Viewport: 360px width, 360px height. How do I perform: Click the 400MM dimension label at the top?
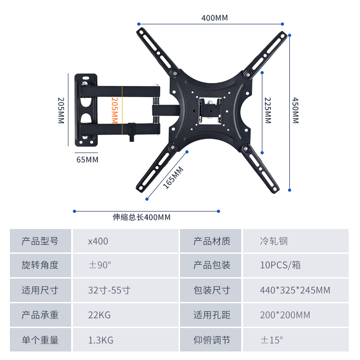(215, 18)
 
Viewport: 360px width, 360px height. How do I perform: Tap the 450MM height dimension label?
(295, 111)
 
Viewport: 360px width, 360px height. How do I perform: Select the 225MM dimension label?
(268, 111)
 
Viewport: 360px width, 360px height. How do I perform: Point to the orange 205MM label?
(114, 111)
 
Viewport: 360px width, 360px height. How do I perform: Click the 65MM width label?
(87, 160)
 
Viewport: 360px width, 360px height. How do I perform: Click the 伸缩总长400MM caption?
(141, 217)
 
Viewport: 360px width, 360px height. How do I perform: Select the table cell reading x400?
(98, 241)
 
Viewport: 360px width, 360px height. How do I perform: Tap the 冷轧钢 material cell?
(274, 241)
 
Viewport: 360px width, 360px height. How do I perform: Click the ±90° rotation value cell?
(99, 265)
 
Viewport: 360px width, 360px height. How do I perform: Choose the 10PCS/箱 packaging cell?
(280, 265)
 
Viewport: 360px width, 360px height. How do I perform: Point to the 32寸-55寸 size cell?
(109, 290)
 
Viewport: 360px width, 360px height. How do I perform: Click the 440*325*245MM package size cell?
(295, 290)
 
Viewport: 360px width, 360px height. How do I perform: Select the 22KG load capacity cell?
(99, 315)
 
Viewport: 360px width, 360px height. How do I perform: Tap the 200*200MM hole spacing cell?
(285, 315)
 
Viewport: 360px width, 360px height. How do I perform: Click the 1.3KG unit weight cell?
(101, 340)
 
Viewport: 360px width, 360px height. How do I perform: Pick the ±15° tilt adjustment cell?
(271, 340)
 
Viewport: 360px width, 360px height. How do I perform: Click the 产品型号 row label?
(40, 241)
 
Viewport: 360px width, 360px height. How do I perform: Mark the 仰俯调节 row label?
(211, 340)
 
